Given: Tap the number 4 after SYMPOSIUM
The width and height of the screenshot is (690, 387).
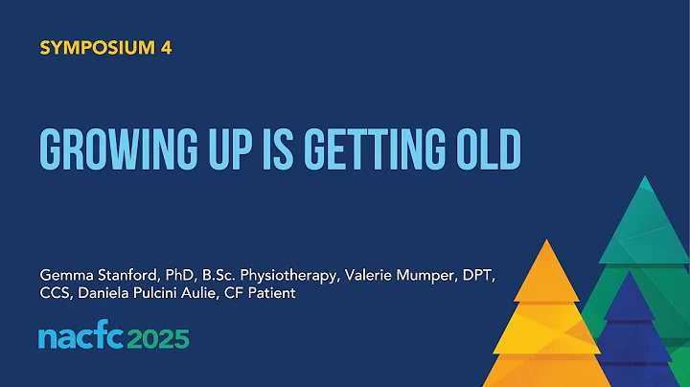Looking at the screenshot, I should [167, 47].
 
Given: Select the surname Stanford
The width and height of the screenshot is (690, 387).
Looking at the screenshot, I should [125, 275].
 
